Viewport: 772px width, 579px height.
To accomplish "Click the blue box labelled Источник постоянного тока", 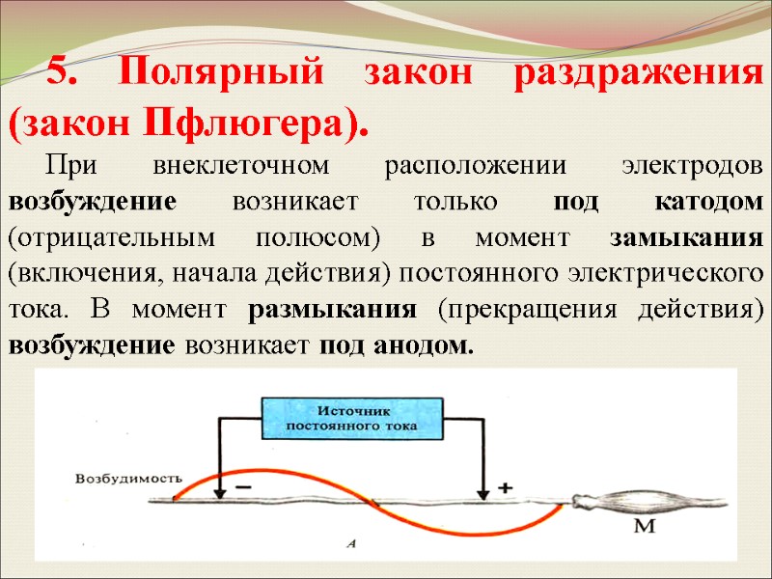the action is point(353,419).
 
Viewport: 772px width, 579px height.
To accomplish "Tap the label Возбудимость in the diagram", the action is point(129,477).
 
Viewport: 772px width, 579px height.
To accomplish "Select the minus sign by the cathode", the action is point(243,488).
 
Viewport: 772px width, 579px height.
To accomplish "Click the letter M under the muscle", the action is point(645,527).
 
